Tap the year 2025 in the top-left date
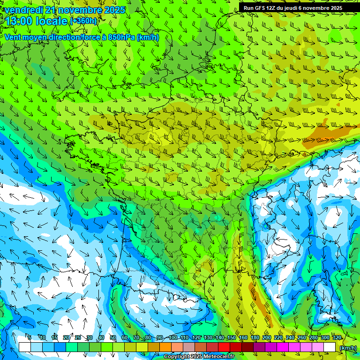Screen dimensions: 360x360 (x=114, y=10)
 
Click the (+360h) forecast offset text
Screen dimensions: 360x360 (x=83, y=21)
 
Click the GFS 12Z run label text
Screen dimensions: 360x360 (x=262, y=8)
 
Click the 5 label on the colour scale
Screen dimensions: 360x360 (x=30, y=338)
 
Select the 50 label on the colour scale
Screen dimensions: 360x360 (x=113, y=338)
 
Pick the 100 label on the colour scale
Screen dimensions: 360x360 (x=172, y=338)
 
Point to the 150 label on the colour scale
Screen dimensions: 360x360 (x=231, y=338)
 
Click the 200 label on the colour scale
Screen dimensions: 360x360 (x=266, y=338)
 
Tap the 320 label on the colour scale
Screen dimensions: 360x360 (x=337, y=338)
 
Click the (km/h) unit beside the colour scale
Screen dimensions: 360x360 (x=348, y=347)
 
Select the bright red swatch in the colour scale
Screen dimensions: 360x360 (x=224, y=347)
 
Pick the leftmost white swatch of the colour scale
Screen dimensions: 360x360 (x=24, y=347)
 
